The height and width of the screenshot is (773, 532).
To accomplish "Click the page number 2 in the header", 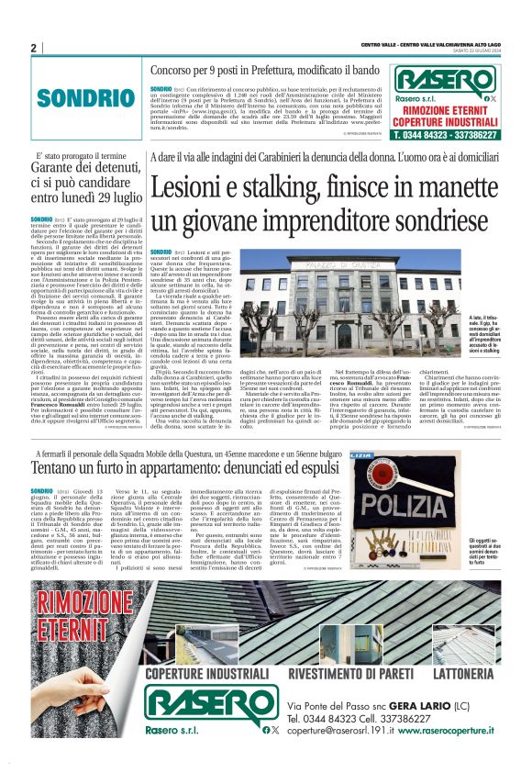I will tap(33, 48).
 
